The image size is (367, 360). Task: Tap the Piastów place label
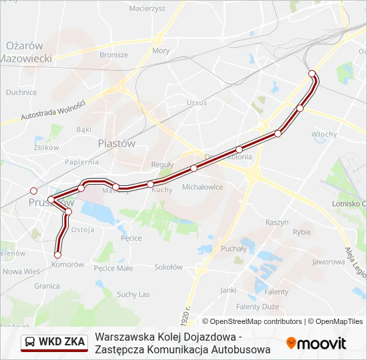pos(116,143)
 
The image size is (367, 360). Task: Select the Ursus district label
pos(197,103)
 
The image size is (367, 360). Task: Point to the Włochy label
pos(324,134)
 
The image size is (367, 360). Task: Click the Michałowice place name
pos(202,187)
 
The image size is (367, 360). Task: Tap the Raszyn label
pos(276,221)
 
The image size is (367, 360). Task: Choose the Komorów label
pos(67,265)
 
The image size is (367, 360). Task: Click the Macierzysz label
pos(147,9)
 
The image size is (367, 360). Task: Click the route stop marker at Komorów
pos(57,255)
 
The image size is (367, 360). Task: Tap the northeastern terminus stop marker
pos(312,73)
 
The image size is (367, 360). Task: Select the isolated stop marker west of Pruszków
pos(33,191)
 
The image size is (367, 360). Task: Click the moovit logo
pos(316,343)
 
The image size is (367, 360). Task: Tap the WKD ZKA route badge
pos(55,342)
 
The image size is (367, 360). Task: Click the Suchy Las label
pos(133,294)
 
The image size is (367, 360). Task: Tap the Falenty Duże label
pos(257,307)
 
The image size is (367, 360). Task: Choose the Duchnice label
pos(21,93)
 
